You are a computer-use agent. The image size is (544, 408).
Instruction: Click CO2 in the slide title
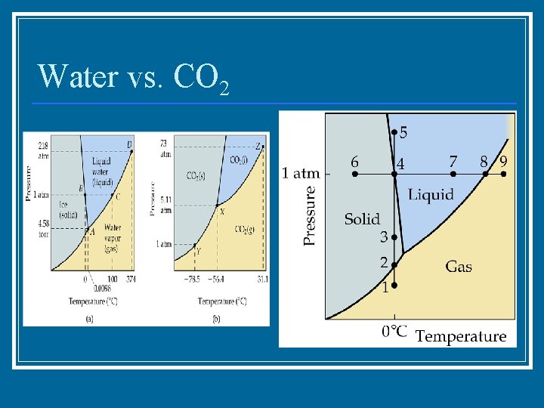(200, 78)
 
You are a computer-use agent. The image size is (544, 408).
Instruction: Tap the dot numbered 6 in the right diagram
(355, 174)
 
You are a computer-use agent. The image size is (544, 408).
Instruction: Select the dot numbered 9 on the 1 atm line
(504, 174)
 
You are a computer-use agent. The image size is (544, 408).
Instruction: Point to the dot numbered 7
(453, 174)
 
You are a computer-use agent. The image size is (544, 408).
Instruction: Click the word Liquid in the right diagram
(431, 194)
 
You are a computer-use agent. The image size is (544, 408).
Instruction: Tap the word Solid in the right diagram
(362, 219)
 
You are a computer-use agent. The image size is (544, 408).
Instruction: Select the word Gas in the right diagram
(459, 266)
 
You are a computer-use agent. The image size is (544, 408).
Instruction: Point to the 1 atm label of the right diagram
(301, 174)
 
